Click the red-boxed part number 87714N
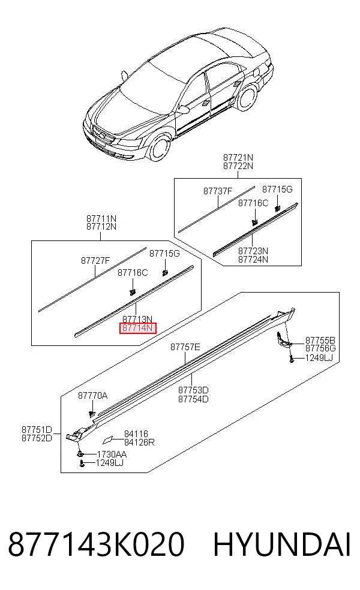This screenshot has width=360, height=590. pos(137,328)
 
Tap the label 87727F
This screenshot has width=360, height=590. pos(95,260)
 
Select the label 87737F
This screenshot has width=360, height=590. pos(218,191)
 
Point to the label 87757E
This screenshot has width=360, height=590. pos(185,347)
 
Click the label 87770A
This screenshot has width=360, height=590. pos(92,396)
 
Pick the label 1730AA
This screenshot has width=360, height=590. pos(112,454)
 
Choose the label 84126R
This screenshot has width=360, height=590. pos(139,442)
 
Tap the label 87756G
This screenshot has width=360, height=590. pos(320,348)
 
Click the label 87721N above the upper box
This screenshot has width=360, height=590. pos(238,157)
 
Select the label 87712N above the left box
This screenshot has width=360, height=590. pos(101,227)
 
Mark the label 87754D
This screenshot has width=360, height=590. pos(193,399)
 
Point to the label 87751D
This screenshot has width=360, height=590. pos(37,430)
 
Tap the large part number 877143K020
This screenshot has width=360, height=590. pos(97,544)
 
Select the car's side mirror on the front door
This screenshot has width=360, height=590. pos(183,110)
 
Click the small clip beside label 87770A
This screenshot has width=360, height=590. pos(91,414)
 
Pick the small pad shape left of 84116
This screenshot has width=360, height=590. pos(107,440)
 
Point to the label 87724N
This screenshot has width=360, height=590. pos(253,259)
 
